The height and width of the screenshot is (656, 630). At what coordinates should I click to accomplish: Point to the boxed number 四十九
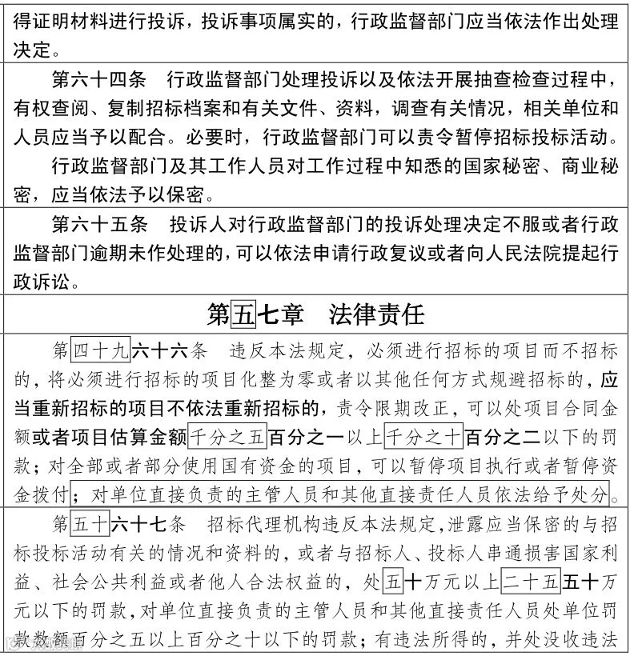coord(100,351)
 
